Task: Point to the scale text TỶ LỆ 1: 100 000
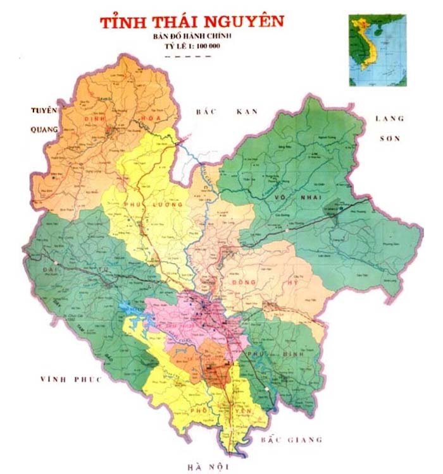pyautogui.click(x=185, y=46)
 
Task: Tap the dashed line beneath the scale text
pyautogui.click(x=186, y=56)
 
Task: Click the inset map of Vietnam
pyautogui.click(x=378, y=51)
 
